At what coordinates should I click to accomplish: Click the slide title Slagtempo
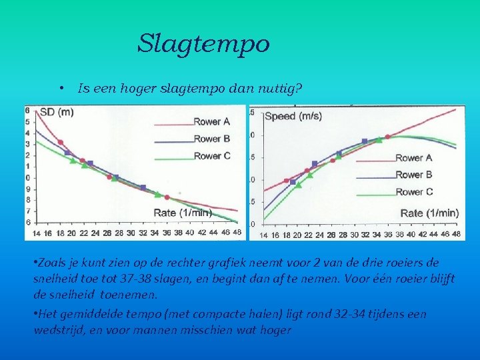[x=203, y=44]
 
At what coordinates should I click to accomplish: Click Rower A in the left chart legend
[x=211, y=121]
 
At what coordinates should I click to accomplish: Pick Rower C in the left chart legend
[x=211, y=156]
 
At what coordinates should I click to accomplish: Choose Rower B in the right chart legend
[x=413, y=175]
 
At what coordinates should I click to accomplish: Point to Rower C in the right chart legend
[x=413, y=192]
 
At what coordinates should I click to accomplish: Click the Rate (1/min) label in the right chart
[x=429, y=213]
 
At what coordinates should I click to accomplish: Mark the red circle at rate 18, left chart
[x=61, y=142]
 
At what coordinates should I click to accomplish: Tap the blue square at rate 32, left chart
[x=143, y=188]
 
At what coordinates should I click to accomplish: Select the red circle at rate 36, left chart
[x=167, y=197]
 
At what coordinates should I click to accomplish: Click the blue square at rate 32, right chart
[x=364, y=141]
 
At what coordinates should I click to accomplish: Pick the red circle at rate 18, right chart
[x=287, y=181]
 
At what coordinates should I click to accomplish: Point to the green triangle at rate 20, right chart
[x=298, y=185]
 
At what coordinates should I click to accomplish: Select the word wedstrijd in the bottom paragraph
[x=56, y=329]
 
